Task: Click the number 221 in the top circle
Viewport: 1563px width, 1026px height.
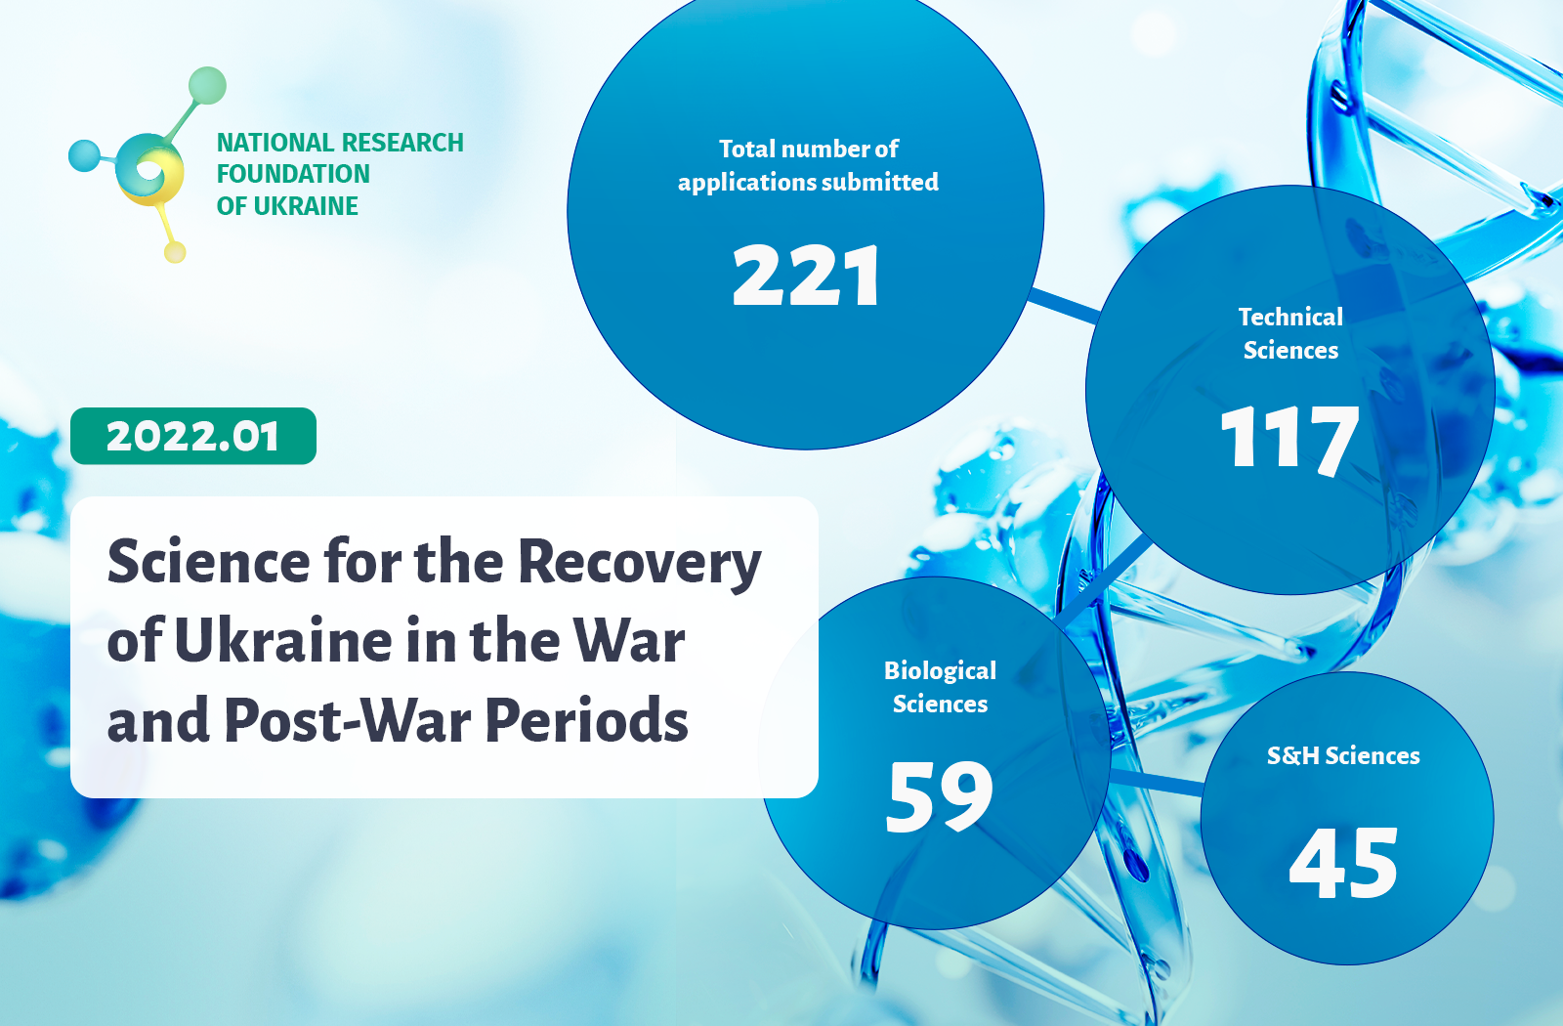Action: coord(806,276)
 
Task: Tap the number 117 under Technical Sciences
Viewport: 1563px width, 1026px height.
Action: coord(1289,439)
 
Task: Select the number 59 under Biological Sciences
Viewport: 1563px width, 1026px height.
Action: coord(939,796)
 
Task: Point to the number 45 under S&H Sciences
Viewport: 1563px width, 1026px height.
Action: coord(1343,863)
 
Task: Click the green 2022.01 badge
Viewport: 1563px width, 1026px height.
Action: coord(193,436)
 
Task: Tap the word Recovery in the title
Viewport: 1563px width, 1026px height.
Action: coord(640,564)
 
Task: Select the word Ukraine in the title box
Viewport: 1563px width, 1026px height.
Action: coord(283,640)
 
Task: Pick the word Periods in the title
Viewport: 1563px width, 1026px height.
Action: coord(587,719)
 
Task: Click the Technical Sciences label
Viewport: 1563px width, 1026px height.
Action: coord(1290,333)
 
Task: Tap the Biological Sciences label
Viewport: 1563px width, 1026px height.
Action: coord(940,687)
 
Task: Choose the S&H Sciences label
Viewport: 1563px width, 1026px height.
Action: coord(1343,756)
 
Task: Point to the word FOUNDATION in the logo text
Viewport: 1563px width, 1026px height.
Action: coord(293,174)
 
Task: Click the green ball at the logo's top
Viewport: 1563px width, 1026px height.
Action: coord(207,85)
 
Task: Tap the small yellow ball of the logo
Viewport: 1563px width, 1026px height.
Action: coord(175,252)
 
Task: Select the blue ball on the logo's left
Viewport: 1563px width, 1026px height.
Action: coord(84,155)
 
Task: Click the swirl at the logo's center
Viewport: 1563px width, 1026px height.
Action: coord(149,170)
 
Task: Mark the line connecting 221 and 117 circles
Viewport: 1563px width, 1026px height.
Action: coord(1064,306)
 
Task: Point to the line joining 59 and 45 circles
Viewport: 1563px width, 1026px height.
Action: coord(1156,782)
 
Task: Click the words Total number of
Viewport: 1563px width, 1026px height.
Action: coord(809,149)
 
